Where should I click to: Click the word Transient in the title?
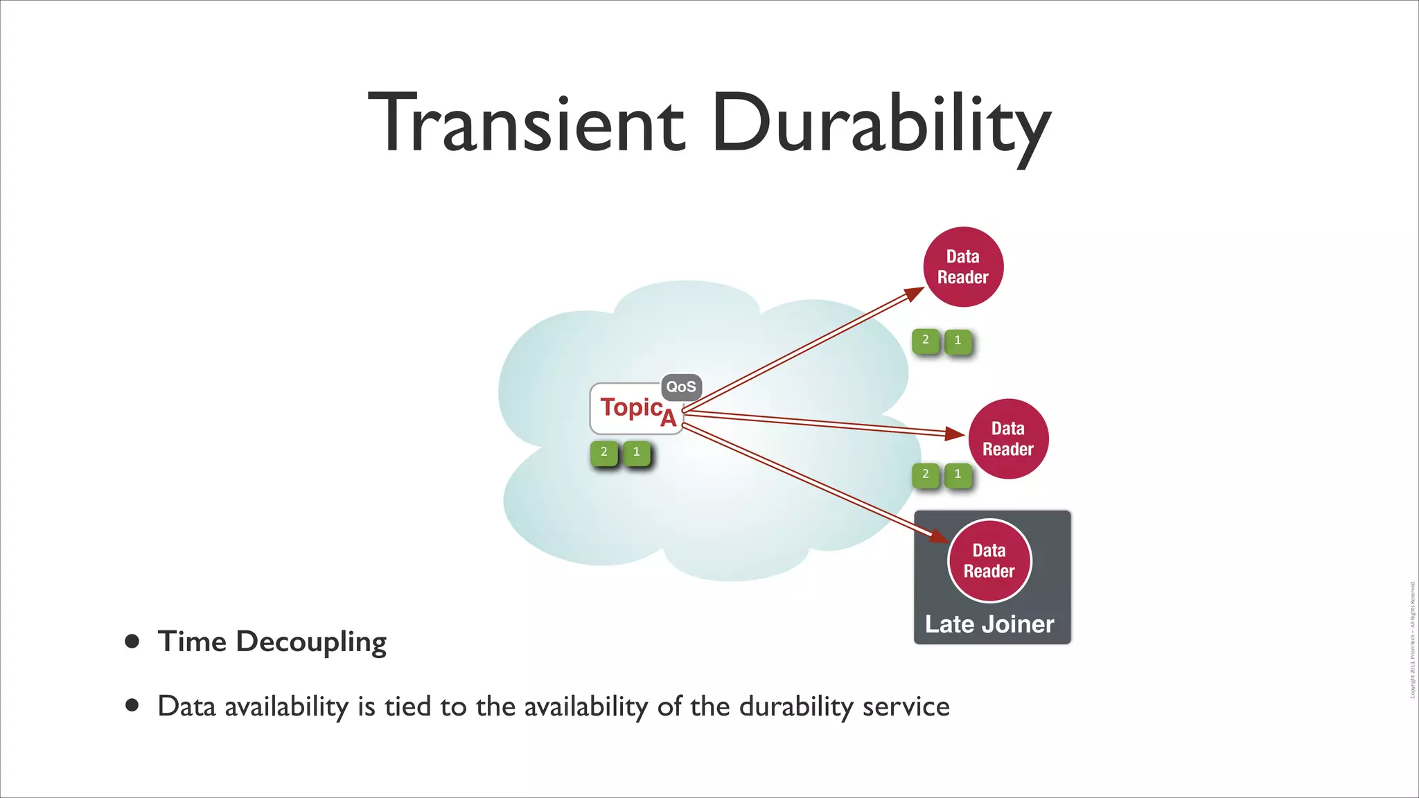click(x=527, y=123)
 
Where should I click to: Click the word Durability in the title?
click(x=880, y=123)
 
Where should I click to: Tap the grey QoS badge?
click(x=681, y=387)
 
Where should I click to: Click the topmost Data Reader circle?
click(x=963, y=267)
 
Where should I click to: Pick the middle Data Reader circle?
click(x=1008, y=438)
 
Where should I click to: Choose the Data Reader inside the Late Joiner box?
click(x=989, y=560)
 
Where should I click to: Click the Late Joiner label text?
click(x=989, y=624)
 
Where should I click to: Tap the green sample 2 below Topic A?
click(x=604, y=452)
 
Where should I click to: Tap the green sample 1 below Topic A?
click(x=636, y=452)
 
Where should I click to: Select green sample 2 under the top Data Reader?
click(x=926, y=340)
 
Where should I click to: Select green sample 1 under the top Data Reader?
click(x=958, y=340)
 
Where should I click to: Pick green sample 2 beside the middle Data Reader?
click(x=926, y=475)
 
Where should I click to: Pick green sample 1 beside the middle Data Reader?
click(x=958, y=475)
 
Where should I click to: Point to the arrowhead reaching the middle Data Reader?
click(x=956, y=434)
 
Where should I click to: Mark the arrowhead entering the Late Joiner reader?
click(x=940, y=537)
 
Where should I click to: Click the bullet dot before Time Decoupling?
click(x=132, y=641)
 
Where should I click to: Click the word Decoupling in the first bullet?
click(x=311, y=642)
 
